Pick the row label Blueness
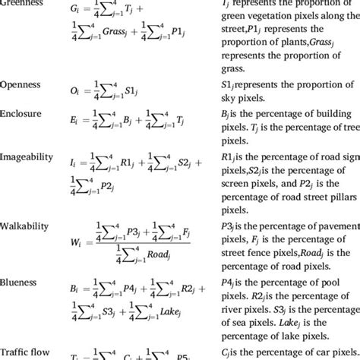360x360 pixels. point(22,279)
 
